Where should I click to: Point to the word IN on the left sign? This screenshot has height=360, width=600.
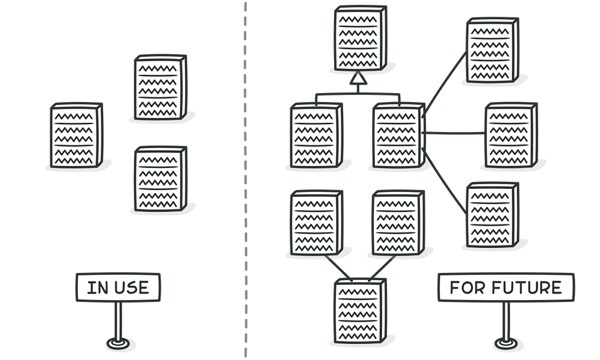[x=97, y=287]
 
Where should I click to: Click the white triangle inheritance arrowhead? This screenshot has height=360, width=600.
[x=358, y=78]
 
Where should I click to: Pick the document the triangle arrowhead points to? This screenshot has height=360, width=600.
[x=359, y=37]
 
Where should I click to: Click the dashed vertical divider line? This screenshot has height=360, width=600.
[x=245, y=180]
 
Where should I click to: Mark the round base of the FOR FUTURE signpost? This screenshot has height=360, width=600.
[x=505, y=344]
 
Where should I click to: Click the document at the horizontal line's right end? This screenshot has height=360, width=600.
[x=511, y=134]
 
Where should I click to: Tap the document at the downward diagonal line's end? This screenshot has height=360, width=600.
[x=492, y=215]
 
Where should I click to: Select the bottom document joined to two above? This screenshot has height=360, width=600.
[x=359, y=309]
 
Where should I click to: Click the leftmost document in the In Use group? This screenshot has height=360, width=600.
[x=75, y=135]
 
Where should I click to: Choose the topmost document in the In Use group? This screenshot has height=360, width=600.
[x=160, y=86]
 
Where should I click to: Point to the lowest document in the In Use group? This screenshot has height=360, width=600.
[x=160, y=179]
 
